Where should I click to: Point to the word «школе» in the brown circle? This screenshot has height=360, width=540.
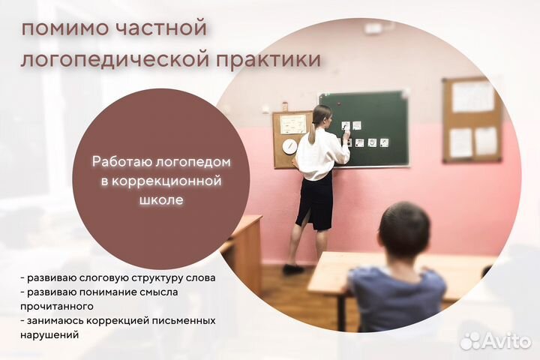(162, 201)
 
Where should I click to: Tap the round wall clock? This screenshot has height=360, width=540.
(289, 146)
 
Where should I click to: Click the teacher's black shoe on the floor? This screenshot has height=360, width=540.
(293, 268)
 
